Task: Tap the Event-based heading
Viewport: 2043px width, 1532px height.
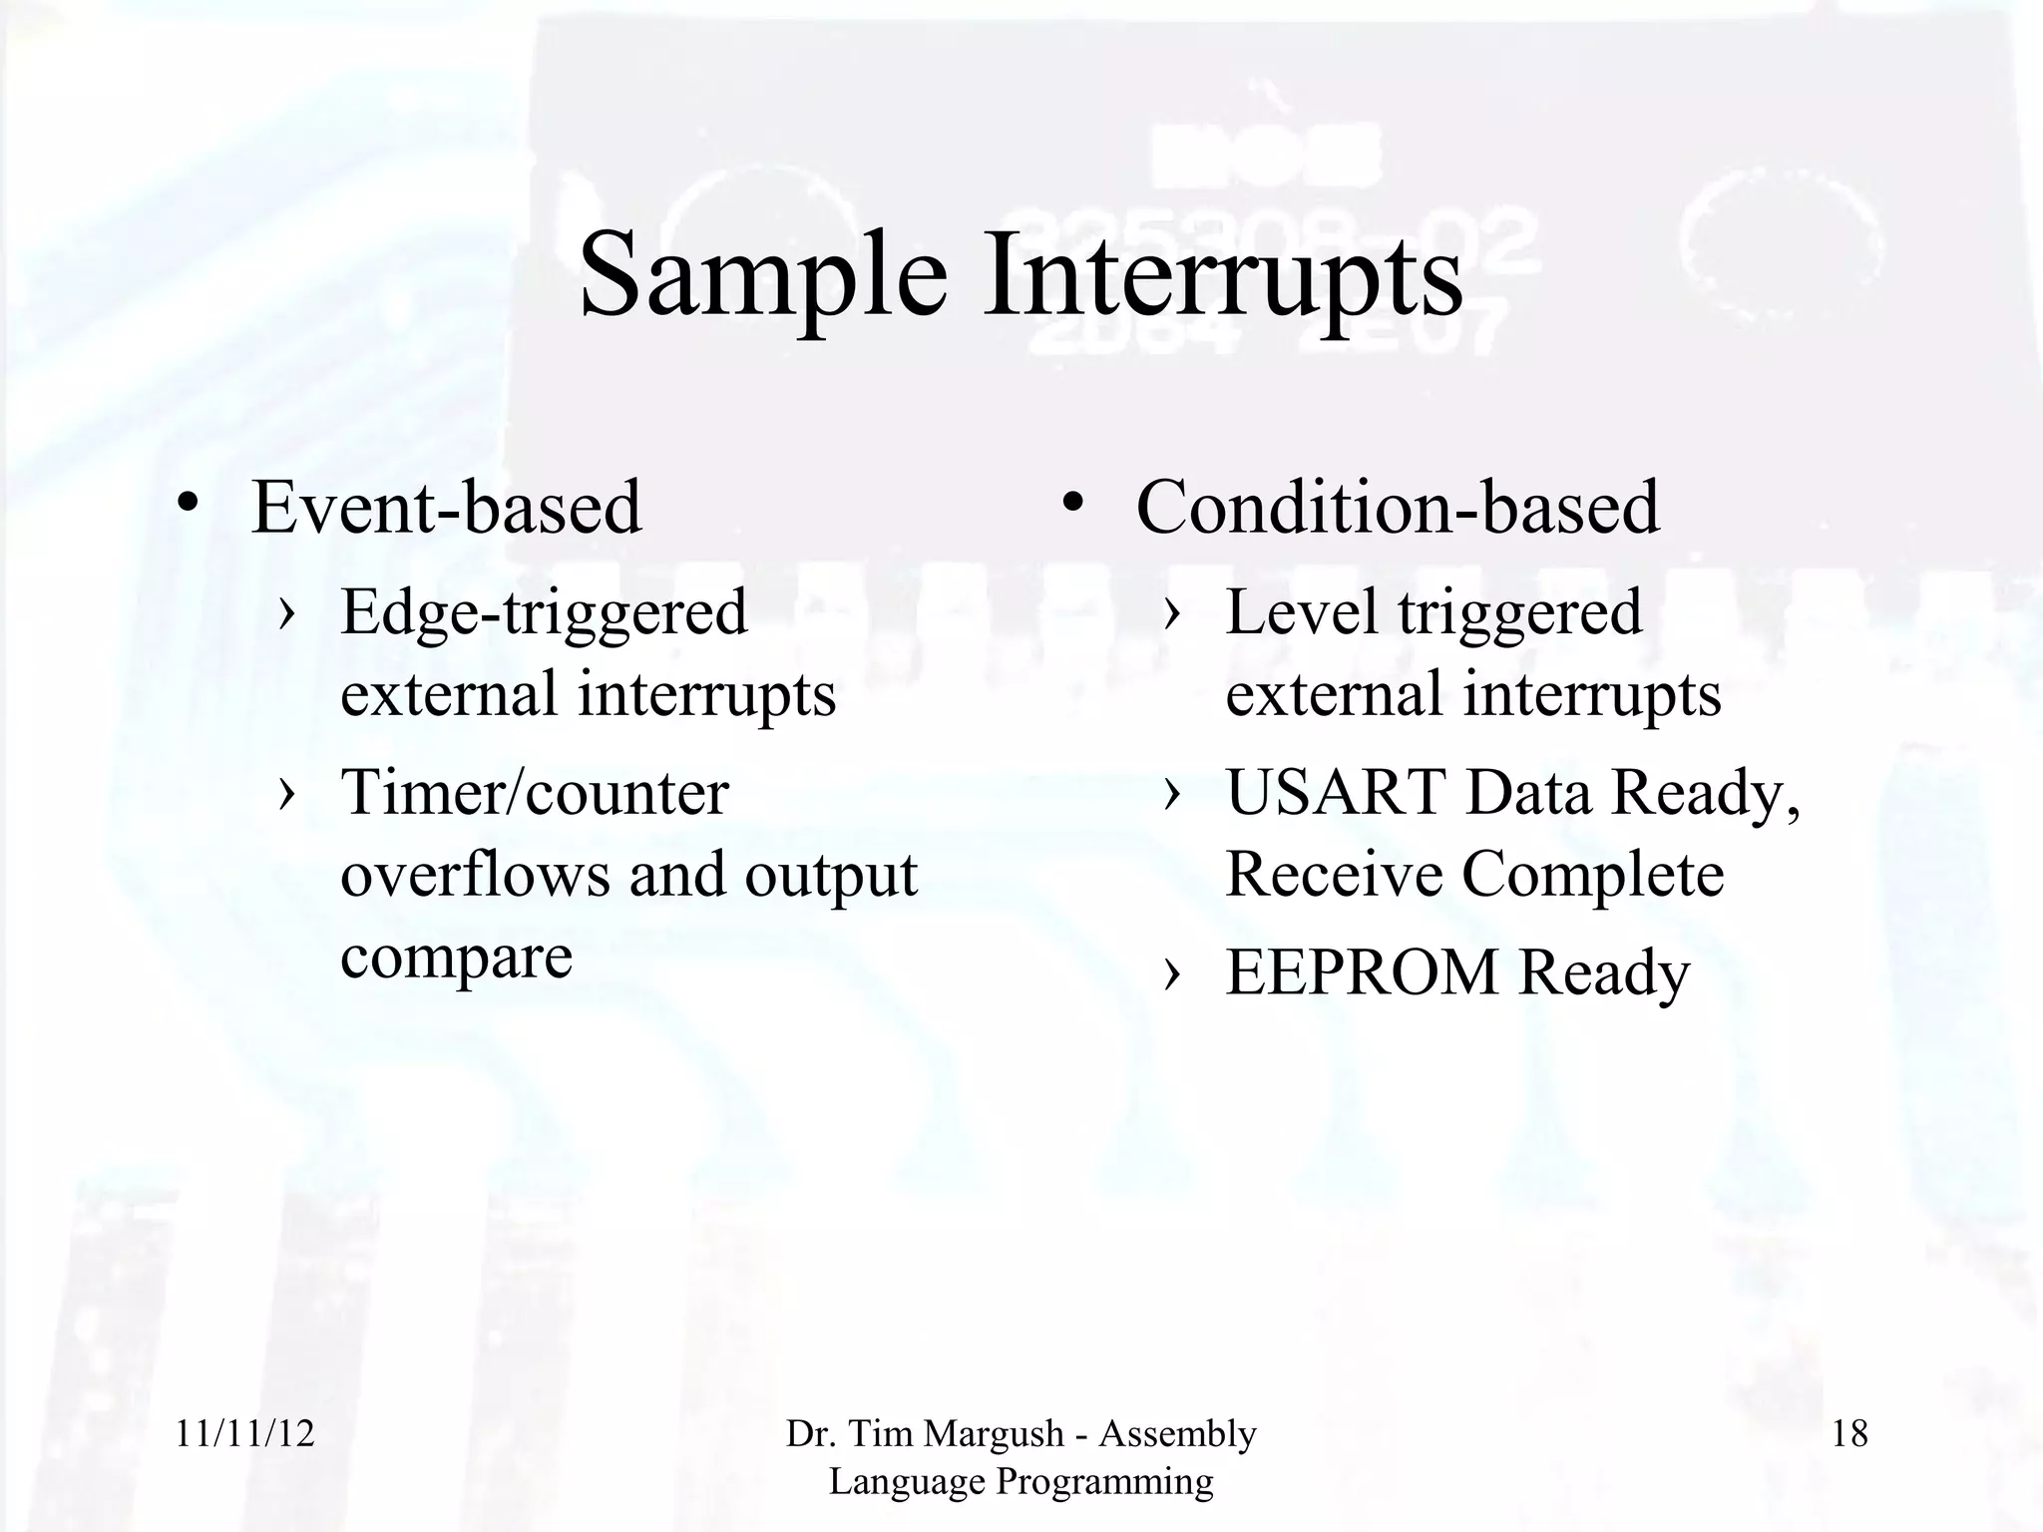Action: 446,508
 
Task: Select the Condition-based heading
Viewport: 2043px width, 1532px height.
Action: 1398,508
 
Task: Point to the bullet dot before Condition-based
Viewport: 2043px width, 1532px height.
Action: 1072,502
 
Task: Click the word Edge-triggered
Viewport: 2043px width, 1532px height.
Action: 544,612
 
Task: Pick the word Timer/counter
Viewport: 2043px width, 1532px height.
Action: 535,794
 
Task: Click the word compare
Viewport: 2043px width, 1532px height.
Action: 456,957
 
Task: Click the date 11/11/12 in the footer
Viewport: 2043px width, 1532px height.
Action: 245,1434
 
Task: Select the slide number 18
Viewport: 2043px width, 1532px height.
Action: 1849,1434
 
